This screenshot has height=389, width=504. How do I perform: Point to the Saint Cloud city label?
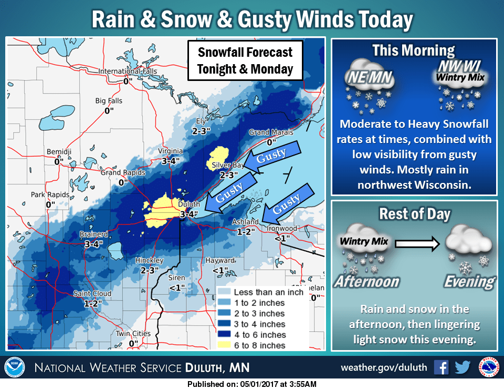click(x=92, y=293)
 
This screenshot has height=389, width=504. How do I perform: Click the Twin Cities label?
click(x=133, y=334)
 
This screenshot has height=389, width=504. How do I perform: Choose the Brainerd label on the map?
click(x=94, y=234)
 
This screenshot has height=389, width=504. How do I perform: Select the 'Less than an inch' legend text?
click(x=269, y=292)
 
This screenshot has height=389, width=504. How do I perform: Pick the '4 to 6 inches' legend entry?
click(x=260, y=335)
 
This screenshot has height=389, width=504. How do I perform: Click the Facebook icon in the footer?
click(x=441, y=367)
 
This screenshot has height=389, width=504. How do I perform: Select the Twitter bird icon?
click(x=463, y=367)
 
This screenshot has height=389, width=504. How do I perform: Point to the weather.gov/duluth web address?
click(x=383, y=367)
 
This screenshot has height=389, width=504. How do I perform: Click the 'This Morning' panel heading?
click(x=413, y=50)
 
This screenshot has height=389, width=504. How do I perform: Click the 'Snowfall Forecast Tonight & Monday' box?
click(x=245, y=61)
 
